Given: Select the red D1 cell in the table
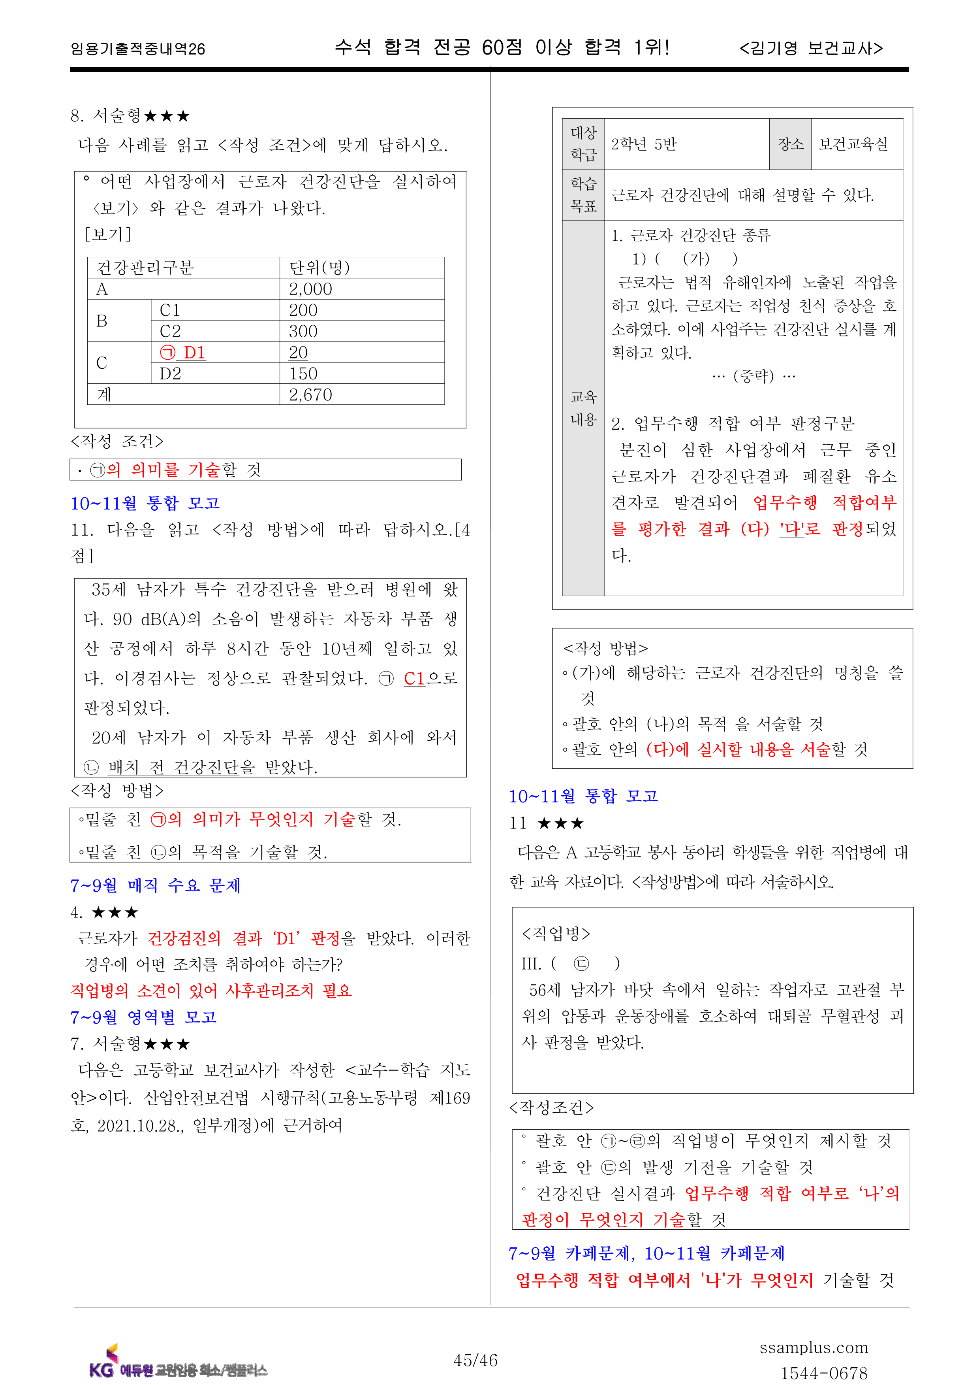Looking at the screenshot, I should pos(183,352).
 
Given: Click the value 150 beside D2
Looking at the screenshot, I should pos(303,374).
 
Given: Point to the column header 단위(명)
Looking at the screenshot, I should pos(319,267).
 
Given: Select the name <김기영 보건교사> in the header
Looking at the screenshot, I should pos(811,48).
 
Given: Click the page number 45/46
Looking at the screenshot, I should pos(475,1360).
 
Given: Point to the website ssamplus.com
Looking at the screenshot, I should pos(813,1347).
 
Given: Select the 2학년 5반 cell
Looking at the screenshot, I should pos(644,144).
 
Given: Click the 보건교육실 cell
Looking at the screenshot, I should pos(853,144).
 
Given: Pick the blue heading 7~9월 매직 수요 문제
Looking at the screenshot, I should pos(156,885).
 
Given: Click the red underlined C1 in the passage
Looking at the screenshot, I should pos(415,679).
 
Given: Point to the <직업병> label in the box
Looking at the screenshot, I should pos(556,934).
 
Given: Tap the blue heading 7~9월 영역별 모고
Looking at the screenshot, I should pos(143,1017).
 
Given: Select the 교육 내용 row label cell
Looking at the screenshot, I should pos(583,408).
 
